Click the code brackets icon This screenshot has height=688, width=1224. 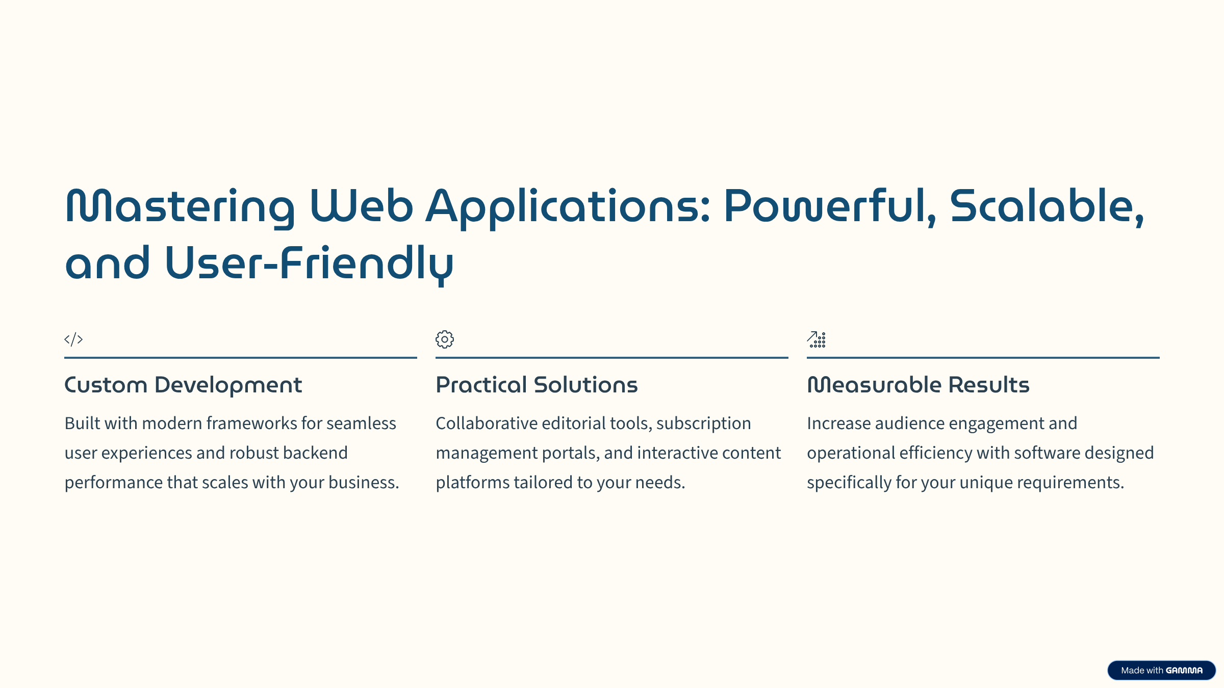73,339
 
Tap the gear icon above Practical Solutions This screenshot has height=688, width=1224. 445,339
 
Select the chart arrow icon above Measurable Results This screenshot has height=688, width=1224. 816,339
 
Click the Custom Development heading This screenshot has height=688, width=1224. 183,385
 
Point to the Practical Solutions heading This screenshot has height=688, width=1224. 537,385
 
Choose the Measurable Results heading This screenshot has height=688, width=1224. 918,385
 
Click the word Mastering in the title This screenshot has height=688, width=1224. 180,207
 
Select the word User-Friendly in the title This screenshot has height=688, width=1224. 309,264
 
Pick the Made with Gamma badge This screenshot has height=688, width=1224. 1161,670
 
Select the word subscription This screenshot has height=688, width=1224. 703,424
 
